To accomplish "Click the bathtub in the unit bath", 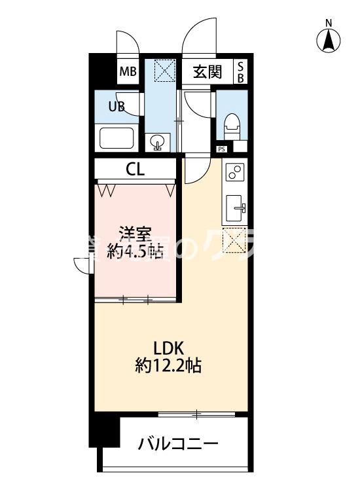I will click(117, 139).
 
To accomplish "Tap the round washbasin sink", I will click(158, 141).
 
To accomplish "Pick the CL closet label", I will click(135, 170).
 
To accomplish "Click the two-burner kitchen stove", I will click(234, 173).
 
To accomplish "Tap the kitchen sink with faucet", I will click(235, 209).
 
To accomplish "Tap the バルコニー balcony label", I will click(178, 445).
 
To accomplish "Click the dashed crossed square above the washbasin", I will click(163, 70).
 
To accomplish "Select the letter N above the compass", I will click(329, 24).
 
